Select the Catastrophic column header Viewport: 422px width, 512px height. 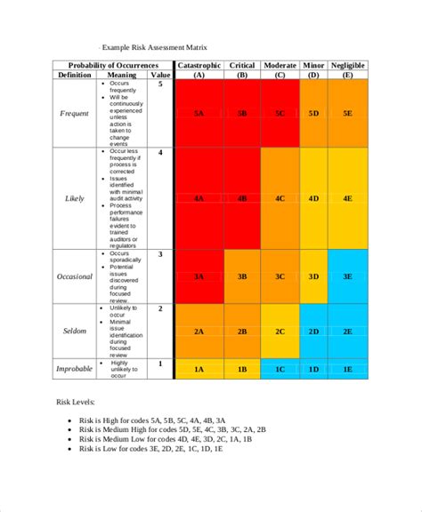click(x=200, y=66)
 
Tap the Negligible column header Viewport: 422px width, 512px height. click(x=348, y=66)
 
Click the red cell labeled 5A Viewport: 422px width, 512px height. click(x=200, y=114)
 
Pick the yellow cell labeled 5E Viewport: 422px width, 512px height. click(x=348, y=114)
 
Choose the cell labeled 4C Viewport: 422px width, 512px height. click(x=280, y=198)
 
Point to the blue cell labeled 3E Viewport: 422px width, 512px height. click(x=348, y=276)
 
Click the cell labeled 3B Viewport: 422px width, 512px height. click(x=242, y=276)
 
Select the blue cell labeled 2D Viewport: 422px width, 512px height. click(x=313, y=331)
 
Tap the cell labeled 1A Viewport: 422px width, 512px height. click(x=200, y=368)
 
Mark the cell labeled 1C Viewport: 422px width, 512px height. click(x=280, y=368)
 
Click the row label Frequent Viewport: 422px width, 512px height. click(x=75, y=114)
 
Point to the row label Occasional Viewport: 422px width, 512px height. click(x=75, y=276)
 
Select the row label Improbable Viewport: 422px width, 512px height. click(x=75, y=368)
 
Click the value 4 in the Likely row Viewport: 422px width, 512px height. click(x=160, y=153)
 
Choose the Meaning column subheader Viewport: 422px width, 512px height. click(x=122, y=76)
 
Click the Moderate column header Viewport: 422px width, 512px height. click(x=280, y=66)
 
